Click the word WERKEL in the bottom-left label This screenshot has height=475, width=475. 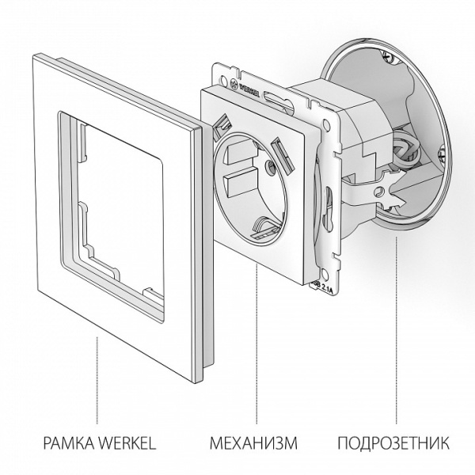point(126,441)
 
